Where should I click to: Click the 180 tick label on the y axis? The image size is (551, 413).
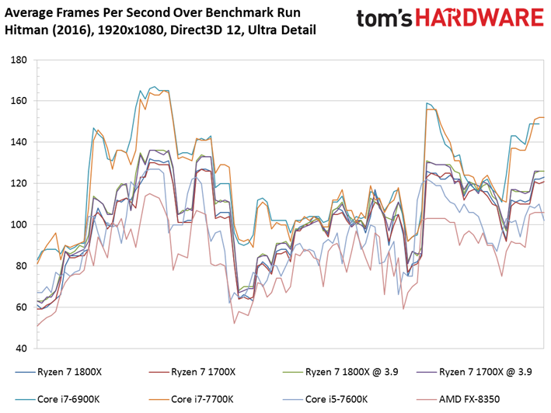(x=19, y=60)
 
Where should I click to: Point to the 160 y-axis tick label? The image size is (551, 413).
(x=19, y=101)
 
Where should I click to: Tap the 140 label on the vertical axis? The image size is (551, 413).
(x=19, y=142)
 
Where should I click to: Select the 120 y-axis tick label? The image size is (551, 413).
(x=19, y=183)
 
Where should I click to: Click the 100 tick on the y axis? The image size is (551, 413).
(x=19, y=224)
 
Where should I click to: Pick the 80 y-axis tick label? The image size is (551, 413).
(x=22, y=266)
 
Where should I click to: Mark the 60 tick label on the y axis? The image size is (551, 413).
(x=22, y=307)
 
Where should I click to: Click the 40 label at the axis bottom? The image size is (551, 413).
(x=22, y=349)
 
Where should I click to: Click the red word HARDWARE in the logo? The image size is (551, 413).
(x=480, y=18)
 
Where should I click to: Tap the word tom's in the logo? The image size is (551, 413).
(x=384, y=19)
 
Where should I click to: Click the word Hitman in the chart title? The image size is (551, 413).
(x=26, y=29)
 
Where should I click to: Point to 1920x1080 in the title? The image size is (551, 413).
(x=131, y=30)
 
